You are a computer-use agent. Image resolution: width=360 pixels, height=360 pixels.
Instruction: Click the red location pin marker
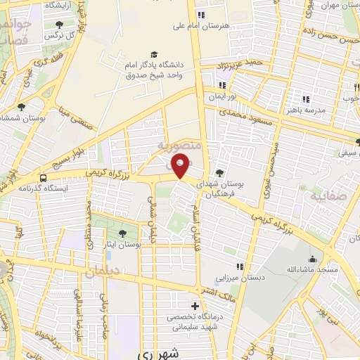(181, 165)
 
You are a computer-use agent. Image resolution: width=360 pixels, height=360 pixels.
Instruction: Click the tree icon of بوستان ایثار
(124, 233)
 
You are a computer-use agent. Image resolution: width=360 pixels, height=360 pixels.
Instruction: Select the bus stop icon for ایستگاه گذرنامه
(44, 178)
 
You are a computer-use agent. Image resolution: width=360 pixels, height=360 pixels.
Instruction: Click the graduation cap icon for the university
(154, 54)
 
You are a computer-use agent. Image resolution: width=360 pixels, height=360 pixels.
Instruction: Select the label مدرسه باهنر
(305, 110)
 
